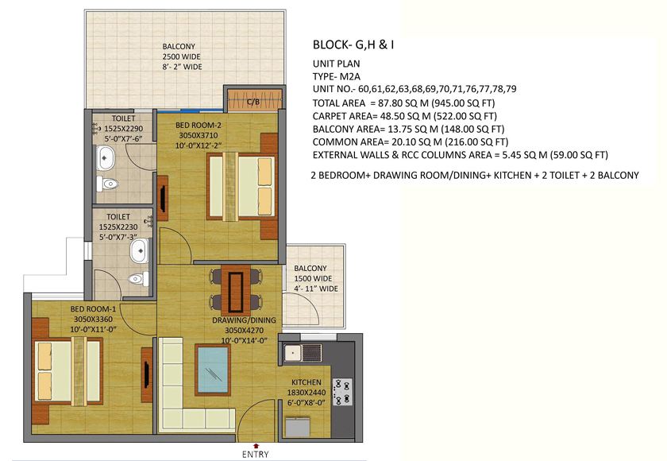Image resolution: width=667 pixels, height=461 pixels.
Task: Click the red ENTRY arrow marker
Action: (256, 446)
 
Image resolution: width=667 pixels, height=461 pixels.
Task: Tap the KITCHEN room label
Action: (307, 382)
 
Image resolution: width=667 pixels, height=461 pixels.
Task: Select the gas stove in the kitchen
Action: (342, 392)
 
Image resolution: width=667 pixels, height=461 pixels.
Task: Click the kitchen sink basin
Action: (293, 353)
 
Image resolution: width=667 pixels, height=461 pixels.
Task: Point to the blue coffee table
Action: (213, 370)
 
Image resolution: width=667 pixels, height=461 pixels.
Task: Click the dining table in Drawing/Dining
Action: (236, 291)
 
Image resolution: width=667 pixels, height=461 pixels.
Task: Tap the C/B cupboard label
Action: (253, 102)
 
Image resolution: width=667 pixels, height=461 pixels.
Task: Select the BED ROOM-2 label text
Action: (199, 125)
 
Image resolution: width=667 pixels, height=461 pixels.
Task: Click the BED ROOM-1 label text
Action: (93, 309)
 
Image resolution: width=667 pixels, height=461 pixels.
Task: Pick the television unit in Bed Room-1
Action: (147, 374)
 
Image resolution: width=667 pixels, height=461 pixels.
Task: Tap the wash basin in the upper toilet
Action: (105, 158)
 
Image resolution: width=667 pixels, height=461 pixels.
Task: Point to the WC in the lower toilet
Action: (138, 279)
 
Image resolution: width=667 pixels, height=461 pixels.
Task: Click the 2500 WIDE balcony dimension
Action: (181, 56)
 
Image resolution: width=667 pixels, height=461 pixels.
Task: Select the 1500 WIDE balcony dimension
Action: (313, 278)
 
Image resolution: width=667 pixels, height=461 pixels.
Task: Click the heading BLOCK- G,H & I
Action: (353, 45)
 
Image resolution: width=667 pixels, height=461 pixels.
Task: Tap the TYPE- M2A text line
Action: (337, 76)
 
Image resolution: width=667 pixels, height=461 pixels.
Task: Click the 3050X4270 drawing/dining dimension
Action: (245, 331)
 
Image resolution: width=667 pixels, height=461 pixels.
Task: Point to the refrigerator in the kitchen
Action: (297, 427)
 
